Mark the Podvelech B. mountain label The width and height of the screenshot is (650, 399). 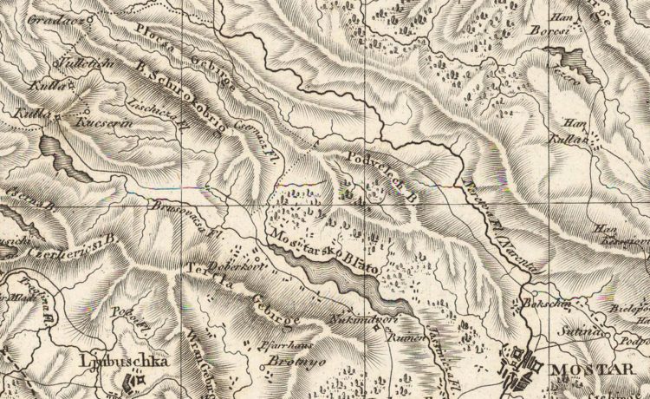[382, 171]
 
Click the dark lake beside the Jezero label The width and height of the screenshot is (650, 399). [569, 59]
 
